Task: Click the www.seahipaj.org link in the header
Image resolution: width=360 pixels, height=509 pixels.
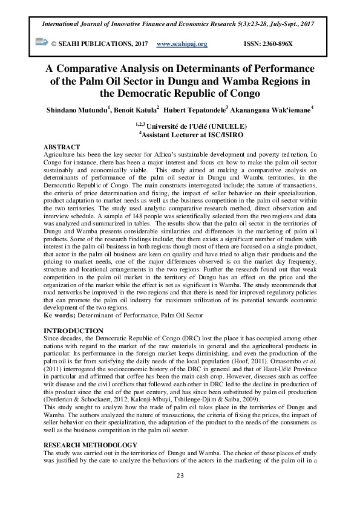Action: [x=182, y=44]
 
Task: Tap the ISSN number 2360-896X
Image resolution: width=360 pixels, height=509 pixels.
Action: [x=267, y=44]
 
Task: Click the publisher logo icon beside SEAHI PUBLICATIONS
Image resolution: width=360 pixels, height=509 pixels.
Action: [x=42, y=42]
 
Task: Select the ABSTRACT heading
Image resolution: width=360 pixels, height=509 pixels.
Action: [x=62, y=148]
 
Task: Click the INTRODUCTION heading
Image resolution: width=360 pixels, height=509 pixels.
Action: [x=74, y=331]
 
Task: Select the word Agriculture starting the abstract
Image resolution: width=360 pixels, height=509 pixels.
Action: [x=61, y=155]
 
